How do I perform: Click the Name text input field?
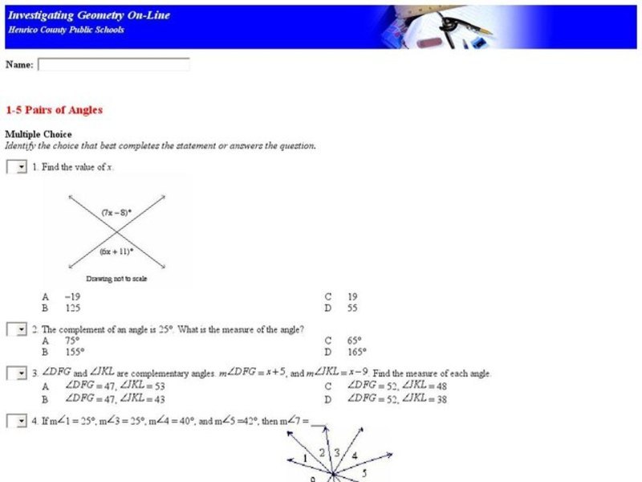point(113,64)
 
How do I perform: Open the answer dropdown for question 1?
point(17,167)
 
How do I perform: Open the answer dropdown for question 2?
point(17,329)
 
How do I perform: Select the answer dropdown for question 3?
point(17,374)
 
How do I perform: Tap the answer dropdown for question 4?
point(17,421)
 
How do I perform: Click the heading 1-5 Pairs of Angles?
point(54,110)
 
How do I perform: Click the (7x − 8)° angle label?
point(116,213)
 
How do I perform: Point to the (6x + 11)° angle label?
point(116,251)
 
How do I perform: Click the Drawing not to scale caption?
point(116,279)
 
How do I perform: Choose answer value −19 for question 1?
point(71,296)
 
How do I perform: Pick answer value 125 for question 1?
point(71,308)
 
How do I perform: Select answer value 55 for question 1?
point(352,308)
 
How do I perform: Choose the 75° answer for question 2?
point(71,341)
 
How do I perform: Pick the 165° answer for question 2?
point(356,351)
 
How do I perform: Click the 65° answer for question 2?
point(354,341)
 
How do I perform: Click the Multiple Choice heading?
point(39,134)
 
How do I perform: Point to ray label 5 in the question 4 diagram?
point(364,472)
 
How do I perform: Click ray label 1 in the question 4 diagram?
point(305,459)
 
